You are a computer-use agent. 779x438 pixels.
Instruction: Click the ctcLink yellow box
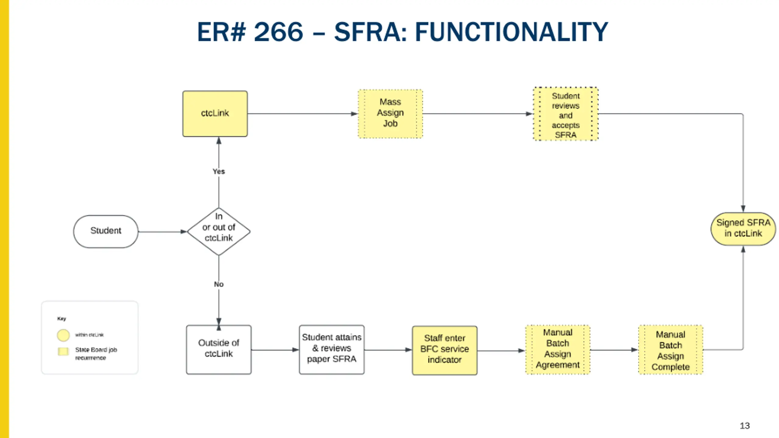coord(215,113)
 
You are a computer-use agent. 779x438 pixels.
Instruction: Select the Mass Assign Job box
coord(390,113)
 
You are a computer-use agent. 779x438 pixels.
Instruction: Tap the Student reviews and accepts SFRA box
coord(566,114)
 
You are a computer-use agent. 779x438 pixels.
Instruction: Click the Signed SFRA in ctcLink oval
coord(743,229)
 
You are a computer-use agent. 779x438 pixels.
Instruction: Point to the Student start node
coord(106,231)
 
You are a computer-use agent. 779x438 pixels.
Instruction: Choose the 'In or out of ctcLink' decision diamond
coord(219,231)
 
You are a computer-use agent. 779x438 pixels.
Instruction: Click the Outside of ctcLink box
coord(219,349)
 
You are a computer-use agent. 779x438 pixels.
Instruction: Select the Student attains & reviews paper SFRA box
coord(332,349)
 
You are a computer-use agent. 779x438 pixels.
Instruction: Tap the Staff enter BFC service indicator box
coord(445,350)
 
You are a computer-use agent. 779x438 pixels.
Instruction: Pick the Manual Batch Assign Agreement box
coord(558,349)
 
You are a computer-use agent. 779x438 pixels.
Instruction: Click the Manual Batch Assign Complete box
coord(671,349)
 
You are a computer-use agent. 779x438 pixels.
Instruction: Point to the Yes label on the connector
coord(219,172)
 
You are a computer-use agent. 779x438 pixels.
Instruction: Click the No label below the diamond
coord(219,284)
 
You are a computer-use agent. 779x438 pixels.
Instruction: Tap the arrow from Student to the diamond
coord(162,232)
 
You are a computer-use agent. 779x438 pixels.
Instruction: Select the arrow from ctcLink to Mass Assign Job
coord(303,114)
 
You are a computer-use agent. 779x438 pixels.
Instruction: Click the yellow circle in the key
coord(63,335)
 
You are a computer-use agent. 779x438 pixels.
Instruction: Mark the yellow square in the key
coord(63,352)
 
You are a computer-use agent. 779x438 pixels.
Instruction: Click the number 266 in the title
coord(278,32)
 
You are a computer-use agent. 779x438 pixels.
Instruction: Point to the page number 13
coord(745,426)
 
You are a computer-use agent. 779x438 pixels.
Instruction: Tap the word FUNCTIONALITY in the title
coord(512,32)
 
